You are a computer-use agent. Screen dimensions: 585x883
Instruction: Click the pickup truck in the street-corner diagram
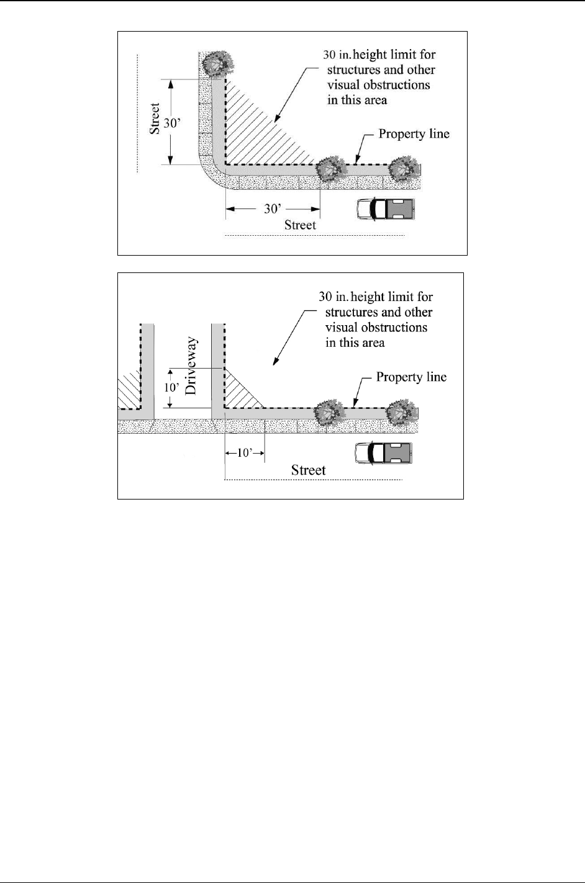pyautogui.click(x=385, y=209)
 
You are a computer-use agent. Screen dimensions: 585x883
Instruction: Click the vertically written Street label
pyautogui.click(x=156, y=119)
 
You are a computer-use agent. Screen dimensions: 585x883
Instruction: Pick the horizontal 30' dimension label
pyautogui.click(x=271, y=209)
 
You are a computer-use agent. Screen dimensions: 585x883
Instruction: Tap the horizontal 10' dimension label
pyautogui.click(x=244, y=454)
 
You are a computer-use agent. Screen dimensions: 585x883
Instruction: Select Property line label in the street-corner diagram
pyautogui.click(x=414, y=134)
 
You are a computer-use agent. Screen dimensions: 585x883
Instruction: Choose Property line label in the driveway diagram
pyautogui.click(x=411, y=377)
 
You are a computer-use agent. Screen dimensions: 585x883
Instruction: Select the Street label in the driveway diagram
pyautogui.click(x=308, y=470)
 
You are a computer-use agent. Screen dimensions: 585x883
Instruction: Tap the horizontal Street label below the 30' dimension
pyautogui.click(x=300, y=225)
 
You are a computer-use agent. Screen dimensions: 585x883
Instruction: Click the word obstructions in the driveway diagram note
pyautogui.click(x=392, y=327)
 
